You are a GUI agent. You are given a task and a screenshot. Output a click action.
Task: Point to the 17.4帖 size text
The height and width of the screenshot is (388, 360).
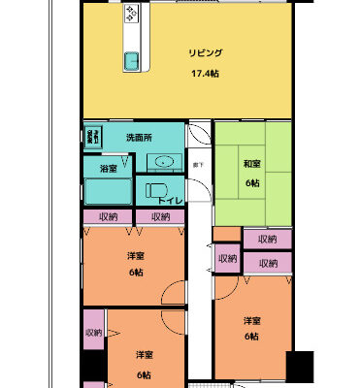coord(204,73)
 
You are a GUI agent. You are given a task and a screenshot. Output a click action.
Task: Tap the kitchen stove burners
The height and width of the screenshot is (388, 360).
coord(130,14)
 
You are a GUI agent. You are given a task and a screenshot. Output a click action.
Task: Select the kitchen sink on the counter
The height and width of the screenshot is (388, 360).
coord(130,61)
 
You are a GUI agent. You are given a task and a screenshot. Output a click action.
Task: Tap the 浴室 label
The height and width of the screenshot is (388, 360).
coord(109,169)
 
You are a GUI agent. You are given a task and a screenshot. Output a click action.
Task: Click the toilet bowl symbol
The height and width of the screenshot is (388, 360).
coord(155,189)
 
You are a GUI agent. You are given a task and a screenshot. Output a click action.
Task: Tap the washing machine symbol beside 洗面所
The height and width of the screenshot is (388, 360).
coord(94,138)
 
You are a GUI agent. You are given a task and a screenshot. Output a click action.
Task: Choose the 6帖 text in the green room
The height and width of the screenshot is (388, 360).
coord(251,183)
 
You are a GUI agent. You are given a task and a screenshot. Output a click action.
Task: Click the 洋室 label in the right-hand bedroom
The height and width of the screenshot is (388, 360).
coord(251,321)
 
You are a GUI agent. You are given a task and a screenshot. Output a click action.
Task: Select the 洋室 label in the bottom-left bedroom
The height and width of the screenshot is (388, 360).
coord(144,355)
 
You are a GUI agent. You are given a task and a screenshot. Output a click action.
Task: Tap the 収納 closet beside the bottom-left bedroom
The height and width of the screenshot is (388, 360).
coord(93,333)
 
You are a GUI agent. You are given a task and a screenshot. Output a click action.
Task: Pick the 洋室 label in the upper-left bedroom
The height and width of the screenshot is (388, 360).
coord(136,255)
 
